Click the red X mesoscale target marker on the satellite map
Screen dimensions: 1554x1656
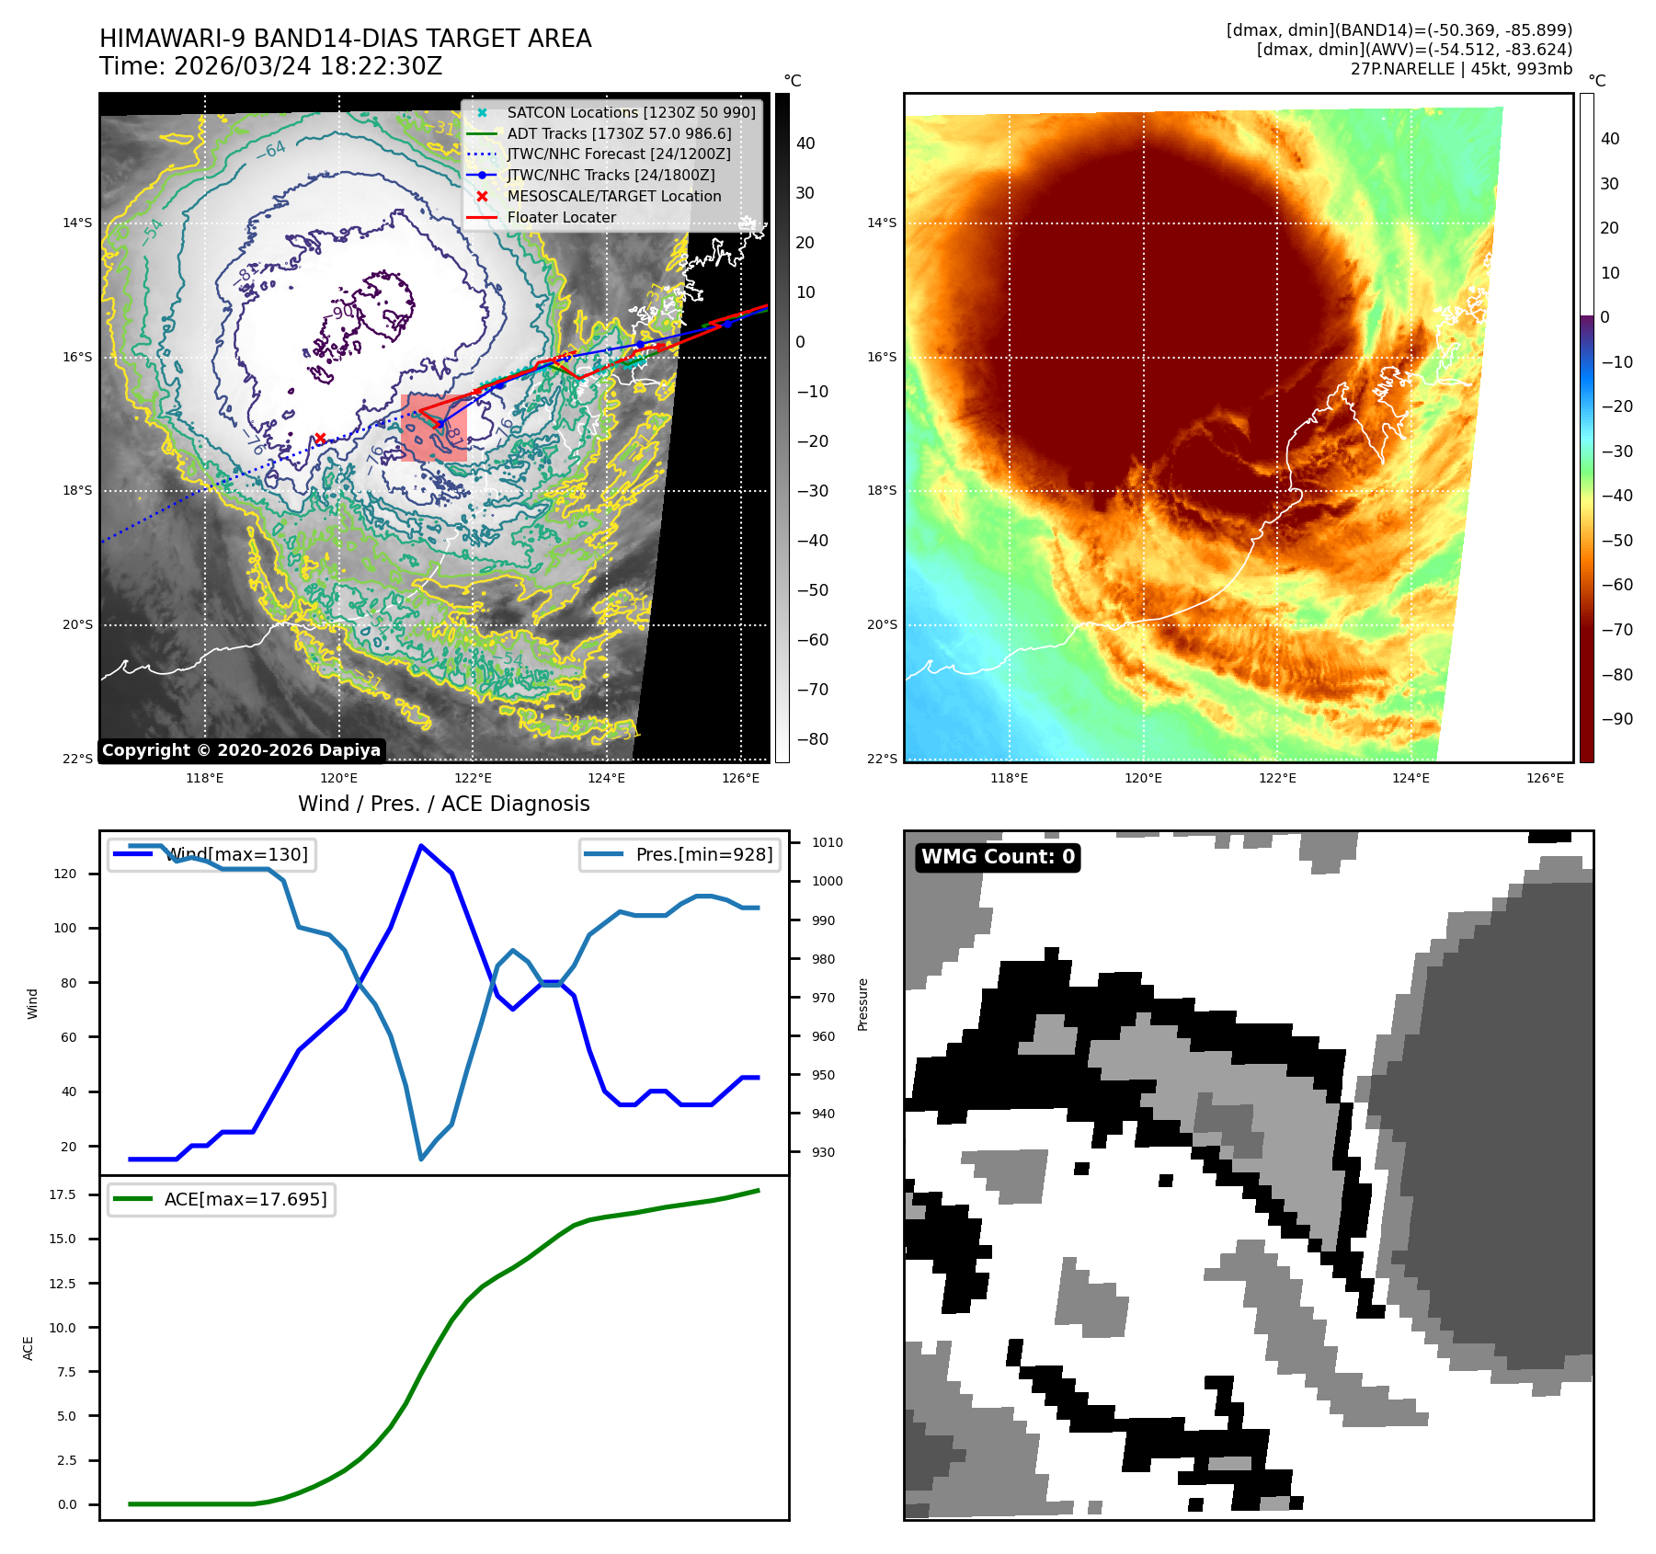tap(320, 439)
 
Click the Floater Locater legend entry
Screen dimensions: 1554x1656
tap(561, 217)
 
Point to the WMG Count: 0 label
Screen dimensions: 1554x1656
tap(998, 857)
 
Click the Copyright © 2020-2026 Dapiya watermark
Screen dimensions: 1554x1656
tap(241, 750)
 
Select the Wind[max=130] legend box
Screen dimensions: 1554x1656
tap(211, 854)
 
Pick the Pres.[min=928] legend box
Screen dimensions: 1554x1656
tap(680, 854)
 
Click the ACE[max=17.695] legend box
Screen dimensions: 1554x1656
tap(222, 1199)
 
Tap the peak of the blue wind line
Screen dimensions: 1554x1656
tap(420, 845)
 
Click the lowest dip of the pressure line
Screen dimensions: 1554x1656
tap(421, 1159)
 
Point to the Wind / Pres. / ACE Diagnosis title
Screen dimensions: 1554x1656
tap(443, 804)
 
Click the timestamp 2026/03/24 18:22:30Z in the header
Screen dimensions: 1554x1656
tap(307, 66)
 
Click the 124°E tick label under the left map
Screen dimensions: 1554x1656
tap(606, 778)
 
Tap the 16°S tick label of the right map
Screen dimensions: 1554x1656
tap(881, 357)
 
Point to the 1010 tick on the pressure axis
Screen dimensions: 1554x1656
tap(827, 842)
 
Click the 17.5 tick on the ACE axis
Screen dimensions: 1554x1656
tap(63, 1194)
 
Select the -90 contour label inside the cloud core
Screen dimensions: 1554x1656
tap(341, 313)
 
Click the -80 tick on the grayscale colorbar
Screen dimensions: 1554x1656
tap(812, 739)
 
